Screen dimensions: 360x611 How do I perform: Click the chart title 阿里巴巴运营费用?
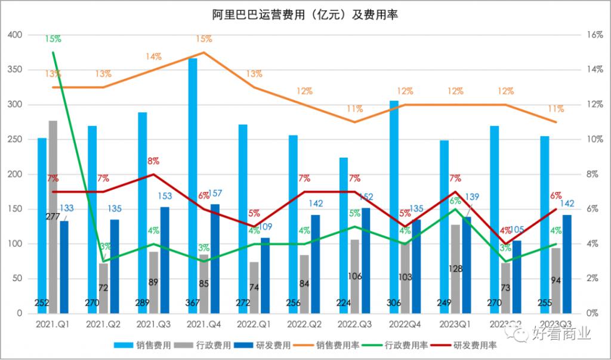pos(305,15)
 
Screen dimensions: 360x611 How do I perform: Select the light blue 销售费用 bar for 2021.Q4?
pos(193,185)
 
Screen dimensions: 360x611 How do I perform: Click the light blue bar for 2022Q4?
pos(394,206)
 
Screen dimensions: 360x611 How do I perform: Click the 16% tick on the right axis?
pos(595,35)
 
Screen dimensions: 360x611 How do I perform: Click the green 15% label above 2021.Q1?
pos(53,39)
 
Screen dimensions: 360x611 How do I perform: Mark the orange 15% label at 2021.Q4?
pos(203,39)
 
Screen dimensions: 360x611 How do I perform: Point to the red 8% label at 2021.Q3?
pos(153,161)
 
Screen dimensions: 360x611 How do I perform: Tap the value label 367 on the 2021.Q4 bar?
pos(193,303)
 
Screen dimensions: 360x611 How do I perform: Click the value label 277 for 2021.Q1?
pos(53,217)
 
